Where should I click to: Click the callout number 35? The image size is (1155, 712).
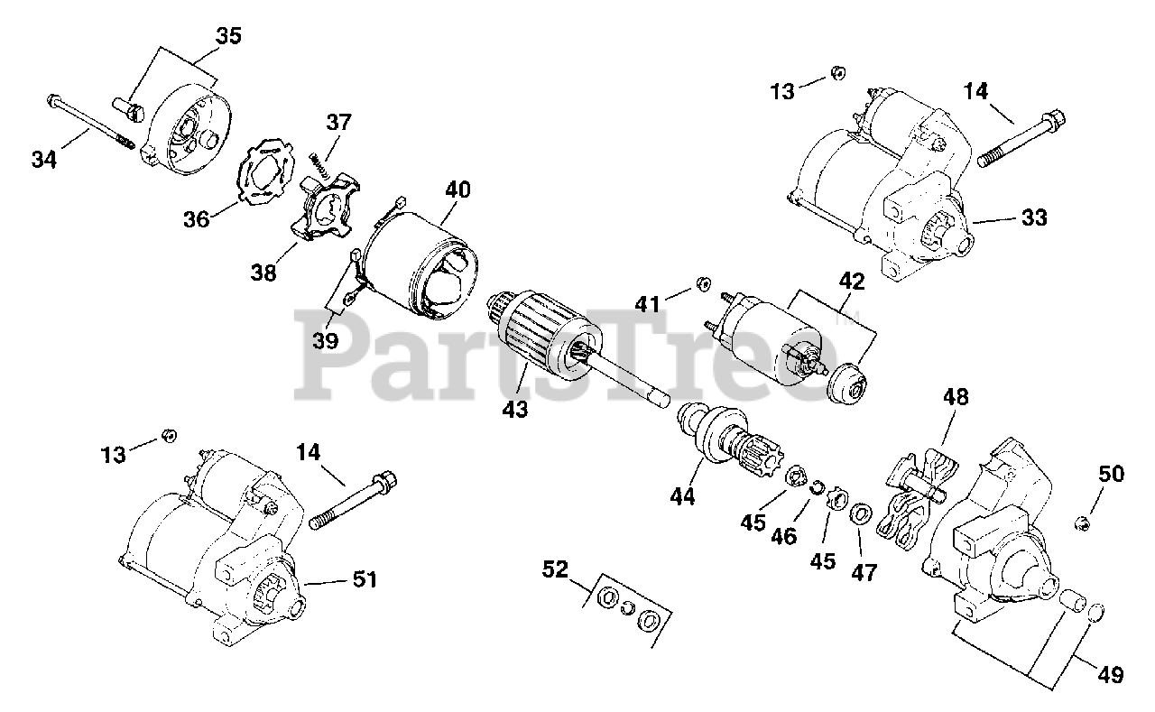pos(228,37)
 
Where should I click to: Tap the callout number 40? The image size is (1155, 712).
pos(457,190)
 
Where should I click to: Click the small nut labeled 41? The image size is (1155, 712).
pos(699,287)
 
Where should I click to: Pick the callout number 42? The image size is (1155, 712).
pos(851,281)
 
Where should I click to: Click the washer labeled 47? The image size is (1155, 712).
pos(861,515)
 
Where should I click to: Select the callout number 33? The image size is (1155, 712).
pos(1034,217)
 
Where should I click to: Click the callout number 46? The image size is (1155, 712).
pos(784,536)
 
